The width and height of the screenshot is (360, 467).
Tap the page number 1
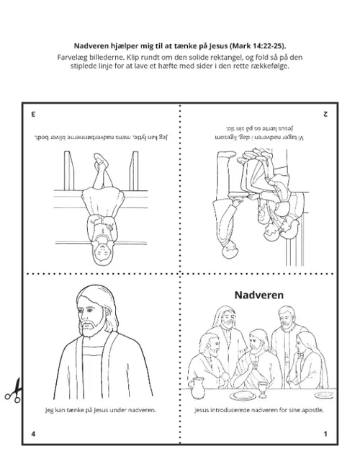(326, 434)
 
